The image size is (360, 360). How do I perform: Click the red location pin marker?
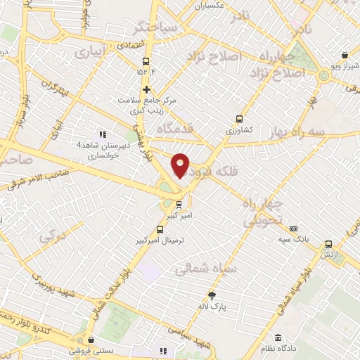tap(181, 165)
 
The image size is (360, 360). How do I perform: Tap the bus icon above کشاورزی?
tap(240, 119)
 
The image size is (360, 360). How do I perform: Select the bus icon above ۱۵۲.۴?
tap(146, 61)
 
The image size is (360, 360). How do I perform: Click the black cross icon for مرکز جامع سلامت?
tap(146, 89)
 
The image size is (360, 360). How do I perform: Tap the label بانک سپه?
tap(292, 239)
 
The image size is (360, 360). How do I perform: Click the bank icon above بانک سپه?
tap(293, 229)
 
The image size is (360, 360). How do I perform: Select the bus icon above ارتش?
tap(328, 244)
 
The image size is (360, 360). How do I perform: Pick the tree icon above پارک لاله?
tap(212, 296)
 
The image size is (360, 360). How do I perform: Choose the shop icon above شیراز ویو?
tap(345, 55)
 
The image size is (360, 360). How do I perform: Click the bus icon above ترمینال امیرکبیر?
tap(160, 229)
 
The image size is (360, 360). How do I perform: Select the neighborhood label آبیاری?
tap(92, 52)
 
